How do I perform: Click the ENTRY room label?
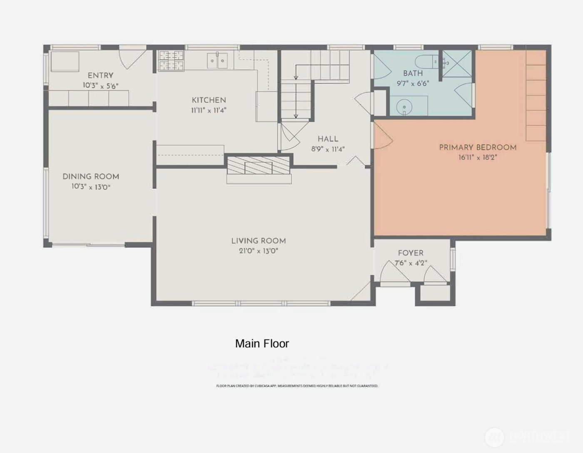point(100,76)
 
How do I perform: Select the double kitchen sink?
point(217,61)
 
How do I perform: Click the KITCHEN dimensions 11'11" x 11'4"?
point(209,110)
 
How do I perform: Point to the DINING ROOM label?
point(91,176)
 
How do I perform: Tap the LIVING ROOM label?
point(258,241)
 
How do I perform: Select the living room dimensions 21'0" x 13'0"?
point(258,251)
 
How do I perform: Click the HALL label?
point(328,139)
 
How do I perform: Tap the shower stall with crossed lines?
point(457,63)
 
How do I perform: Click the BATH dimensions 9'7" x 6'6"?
point(413,83)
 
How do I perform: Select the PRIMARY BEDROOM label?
point(478,147)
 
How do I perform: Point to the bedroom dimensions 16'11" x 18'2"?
point(478,158)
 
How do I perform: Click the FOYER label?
point(411,253)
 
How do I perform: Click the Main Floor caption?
point(262,344)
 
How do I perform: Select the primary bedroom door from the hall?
point(382,137)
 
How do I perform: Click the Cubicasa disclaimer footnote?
point(297,386)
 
